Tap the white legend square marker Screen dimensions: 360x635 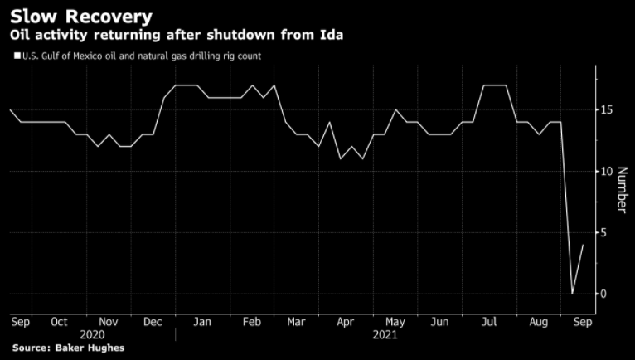coord(17,56)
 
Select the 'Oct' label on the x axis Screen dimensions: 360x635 coord(59,321)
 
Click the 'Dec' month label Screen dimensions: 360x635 coord(153,321)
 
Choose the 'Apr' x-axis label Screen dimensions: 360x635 coord(346,321)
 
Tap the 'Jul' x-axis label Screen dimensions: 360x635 coord(489,321)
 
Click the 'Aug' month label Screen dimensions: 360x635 coord(537,321)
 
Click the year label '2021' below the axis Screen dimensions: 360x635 coord(385,334)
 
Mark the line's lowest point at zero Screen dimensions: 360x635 coord(572,294)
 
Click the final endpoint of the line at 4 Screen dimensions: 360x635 coord(584,245)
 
